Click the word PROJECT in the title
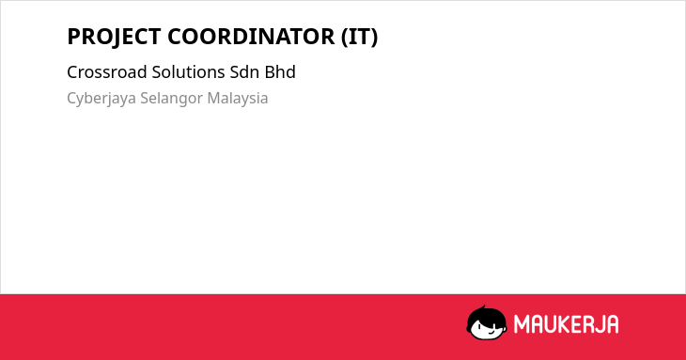[x=115, y=37]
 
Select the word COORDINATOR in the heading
[x=251, y=37]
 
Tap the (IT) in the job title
[x=359, y=37]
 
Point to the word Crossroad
[x=107, y=72]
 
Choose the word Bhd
[x=280, y=72]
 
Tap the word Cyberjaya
[x=101, y=99]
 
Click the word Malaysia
[x=238, y=99]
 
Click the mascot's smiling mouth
[x=491, y=331]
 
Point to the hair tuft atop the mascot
[x=483, y=308]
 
